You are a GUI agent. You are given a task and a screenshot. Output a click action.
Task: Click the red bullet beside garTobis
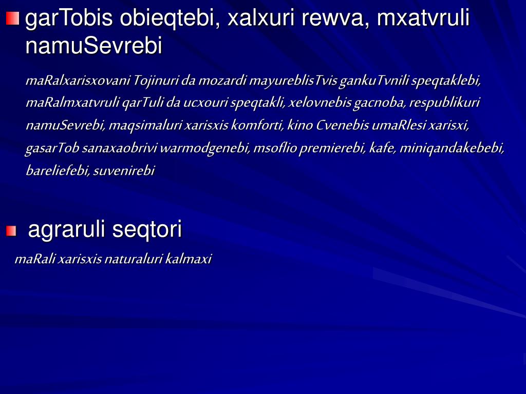(x=12, y=19)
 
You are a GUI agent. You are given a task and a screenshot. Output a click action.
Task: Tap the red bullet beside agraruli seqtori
(x=11, y=231)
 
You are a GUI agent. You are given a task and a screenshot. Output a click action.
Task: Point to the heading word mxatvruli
(x=423, y=19)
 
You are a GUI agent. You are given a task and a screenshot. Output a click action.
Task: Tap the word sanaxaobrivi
(x=119, y=148)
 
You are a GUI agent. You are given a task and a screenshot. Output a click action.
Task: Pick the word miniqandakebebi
(x=452, y=148)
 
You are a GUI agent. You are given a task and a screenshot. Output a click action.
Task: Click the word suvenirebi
(x=124, y=171)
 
